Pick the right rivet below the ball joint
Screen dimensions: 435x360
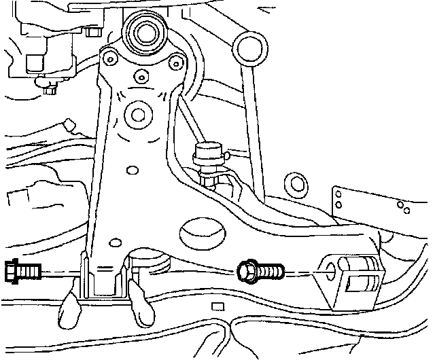click(177, 63)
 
